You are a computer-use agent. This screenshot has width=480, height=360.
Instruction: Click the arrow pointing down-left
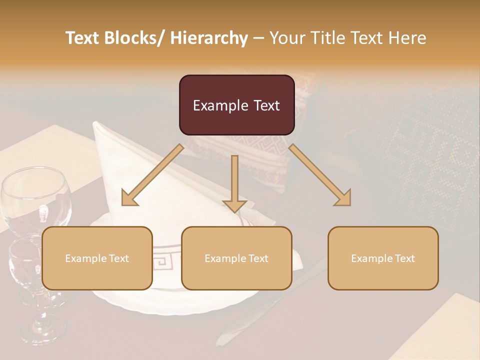click(x=152, y=175)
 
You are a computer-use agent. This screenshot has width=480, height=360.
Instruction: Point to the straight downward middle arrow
click(x=234, y=180)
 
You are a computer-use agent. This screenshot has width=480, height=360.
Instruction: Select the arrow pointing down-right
click(x=320, y=175)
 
